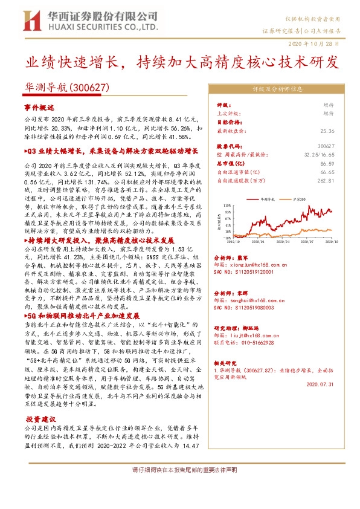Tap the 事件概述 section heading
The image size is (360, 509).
tap(40, 107)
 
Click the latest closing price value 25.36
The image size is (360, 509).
tap(328, 131)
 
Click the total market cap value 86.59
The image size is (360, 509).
tap(328, 164)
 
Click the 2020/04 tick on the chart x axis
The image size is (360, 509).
tap(280, 242)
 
